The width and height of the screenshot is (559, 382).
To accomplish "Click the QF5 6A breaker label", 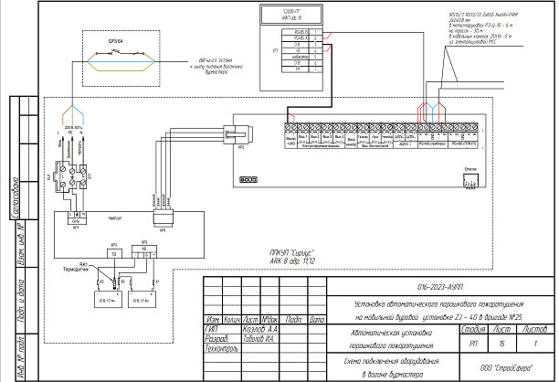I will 115,41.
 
